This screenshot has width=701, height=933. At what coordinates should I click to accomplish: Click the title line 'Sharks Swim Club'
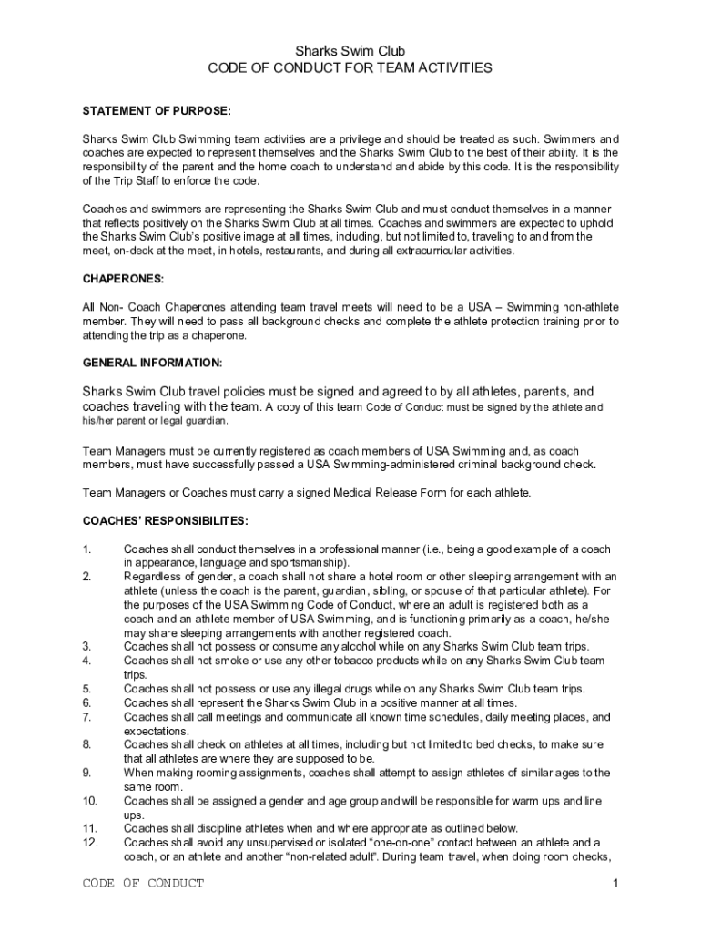tap(350, 51)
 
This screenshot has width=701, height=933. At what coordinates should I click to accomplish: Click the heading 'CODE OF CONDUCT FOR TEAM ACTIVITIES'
tap(350, 68)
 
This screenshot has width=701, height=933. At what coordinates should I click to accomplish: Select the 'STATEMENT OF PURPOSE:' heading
tap(157, 111)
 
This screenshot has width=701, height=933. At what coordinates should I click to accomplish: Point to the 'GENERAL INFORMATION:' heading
tap(152, 363)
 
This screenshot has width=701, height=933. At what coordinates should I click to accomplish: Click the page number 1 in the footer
tap(616, 884)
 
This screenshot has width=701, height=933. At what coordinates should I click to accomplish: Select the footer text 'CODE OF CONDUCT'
tap(143, 884)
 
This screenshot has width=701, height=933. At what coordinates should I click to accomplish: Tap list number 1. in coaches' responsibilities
tap(86, 549)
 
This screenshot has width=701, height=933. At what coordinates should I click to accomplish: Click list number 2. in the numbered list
tap(86, 577)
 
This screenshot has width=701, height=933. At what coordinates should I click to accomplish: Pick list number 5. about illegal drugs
tap(86, 689)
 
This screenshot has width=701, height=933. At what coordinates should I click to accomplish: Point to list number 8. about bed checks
tap(86, 744)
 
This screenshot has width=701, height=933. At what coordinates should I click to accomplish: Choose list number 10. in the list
tap(89, 801)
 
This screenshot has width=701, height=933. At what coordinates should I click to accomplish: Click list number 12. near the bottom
tap(89, 843)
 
